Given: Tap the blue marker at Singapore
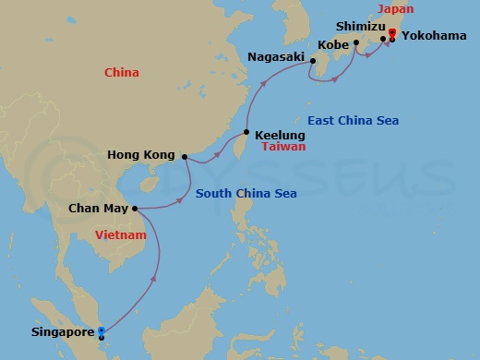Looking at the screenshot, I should click(102, 330).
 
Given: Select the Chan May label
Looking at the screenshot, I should click(99, 209).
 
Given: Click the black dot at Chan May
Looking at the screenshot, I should click(135, 209).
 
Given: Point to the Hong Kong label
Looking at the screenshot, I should click(141, 155).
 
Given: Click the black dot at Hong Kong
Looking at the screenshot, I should click(183, 156).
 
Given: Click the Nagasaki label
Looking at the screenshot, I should click(276, 57).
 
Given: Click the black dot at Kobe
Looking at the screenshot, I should click(355, 42).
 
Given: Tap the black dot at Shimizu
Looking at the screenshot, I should click(383, 39).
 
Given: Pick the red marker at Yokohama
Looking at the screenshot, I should click(392, 35).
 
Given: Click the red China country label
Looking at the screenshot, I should click(122, 72).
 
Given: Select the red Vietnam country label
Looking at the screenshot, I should click(121, 236).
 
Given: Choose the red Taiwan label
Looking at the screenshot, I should click(283, 147).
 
